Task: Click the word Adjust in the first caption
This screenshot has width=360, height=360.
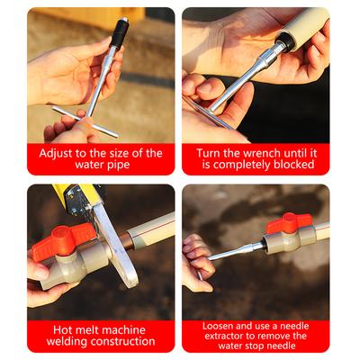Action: (56, 154)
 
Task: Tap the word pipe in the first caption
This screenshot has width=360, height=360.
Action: (119, 166)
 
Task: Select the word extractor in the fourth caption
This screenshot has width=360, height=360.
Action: (226, 336)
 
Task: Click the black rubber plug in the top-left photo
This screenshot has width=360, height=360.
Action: (120, 33)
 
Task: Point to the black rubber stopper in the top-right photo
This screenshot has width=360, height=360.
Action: (284, 42)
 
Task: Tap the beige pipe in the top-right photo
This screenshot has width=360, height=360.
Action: (305, 26)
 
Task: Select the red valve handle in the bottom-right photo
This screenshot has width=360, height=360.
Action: (289, 222)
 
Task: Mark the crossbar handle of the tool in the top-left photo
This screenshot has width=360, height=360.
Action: (85, 121)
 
